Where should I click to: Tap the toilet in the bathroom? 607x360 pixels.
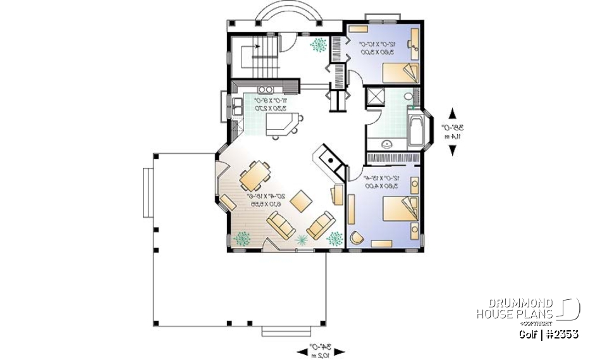408,97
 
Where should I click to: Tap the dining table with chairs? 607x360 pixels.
255,176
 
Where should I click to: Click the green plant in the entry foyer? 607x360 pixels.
320,45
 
